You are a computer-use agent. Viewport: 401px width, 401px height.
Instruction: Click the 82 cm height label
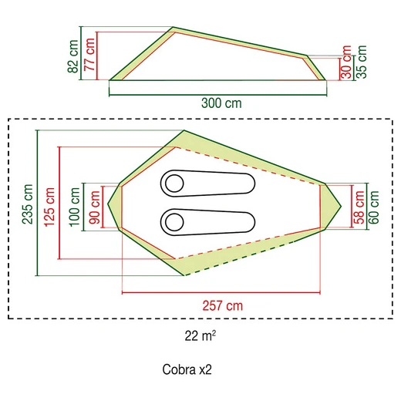72,56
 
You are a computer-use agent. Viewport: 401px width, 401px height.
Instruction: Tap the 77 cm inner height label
89,55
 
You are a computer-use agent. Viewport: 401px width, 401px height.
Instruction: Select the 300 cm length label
221,103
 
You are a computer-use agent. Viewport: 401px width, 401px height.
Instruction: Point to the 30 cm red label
346,62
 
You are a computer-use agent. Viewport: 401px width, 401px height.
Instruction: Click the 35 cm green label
361,62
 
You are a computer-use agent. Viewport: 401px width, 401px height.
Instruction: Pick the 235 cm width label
28,204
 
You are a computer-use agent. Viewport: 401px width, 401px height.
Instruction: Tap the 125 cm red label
49,207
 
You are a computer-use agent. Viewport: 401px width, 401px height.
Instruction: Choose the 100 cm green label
74,207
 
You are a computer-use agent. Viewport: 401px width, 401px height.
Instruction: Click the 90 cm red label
94,207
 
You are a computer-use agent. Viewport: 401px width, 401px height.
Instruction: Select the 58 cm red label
359,207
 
